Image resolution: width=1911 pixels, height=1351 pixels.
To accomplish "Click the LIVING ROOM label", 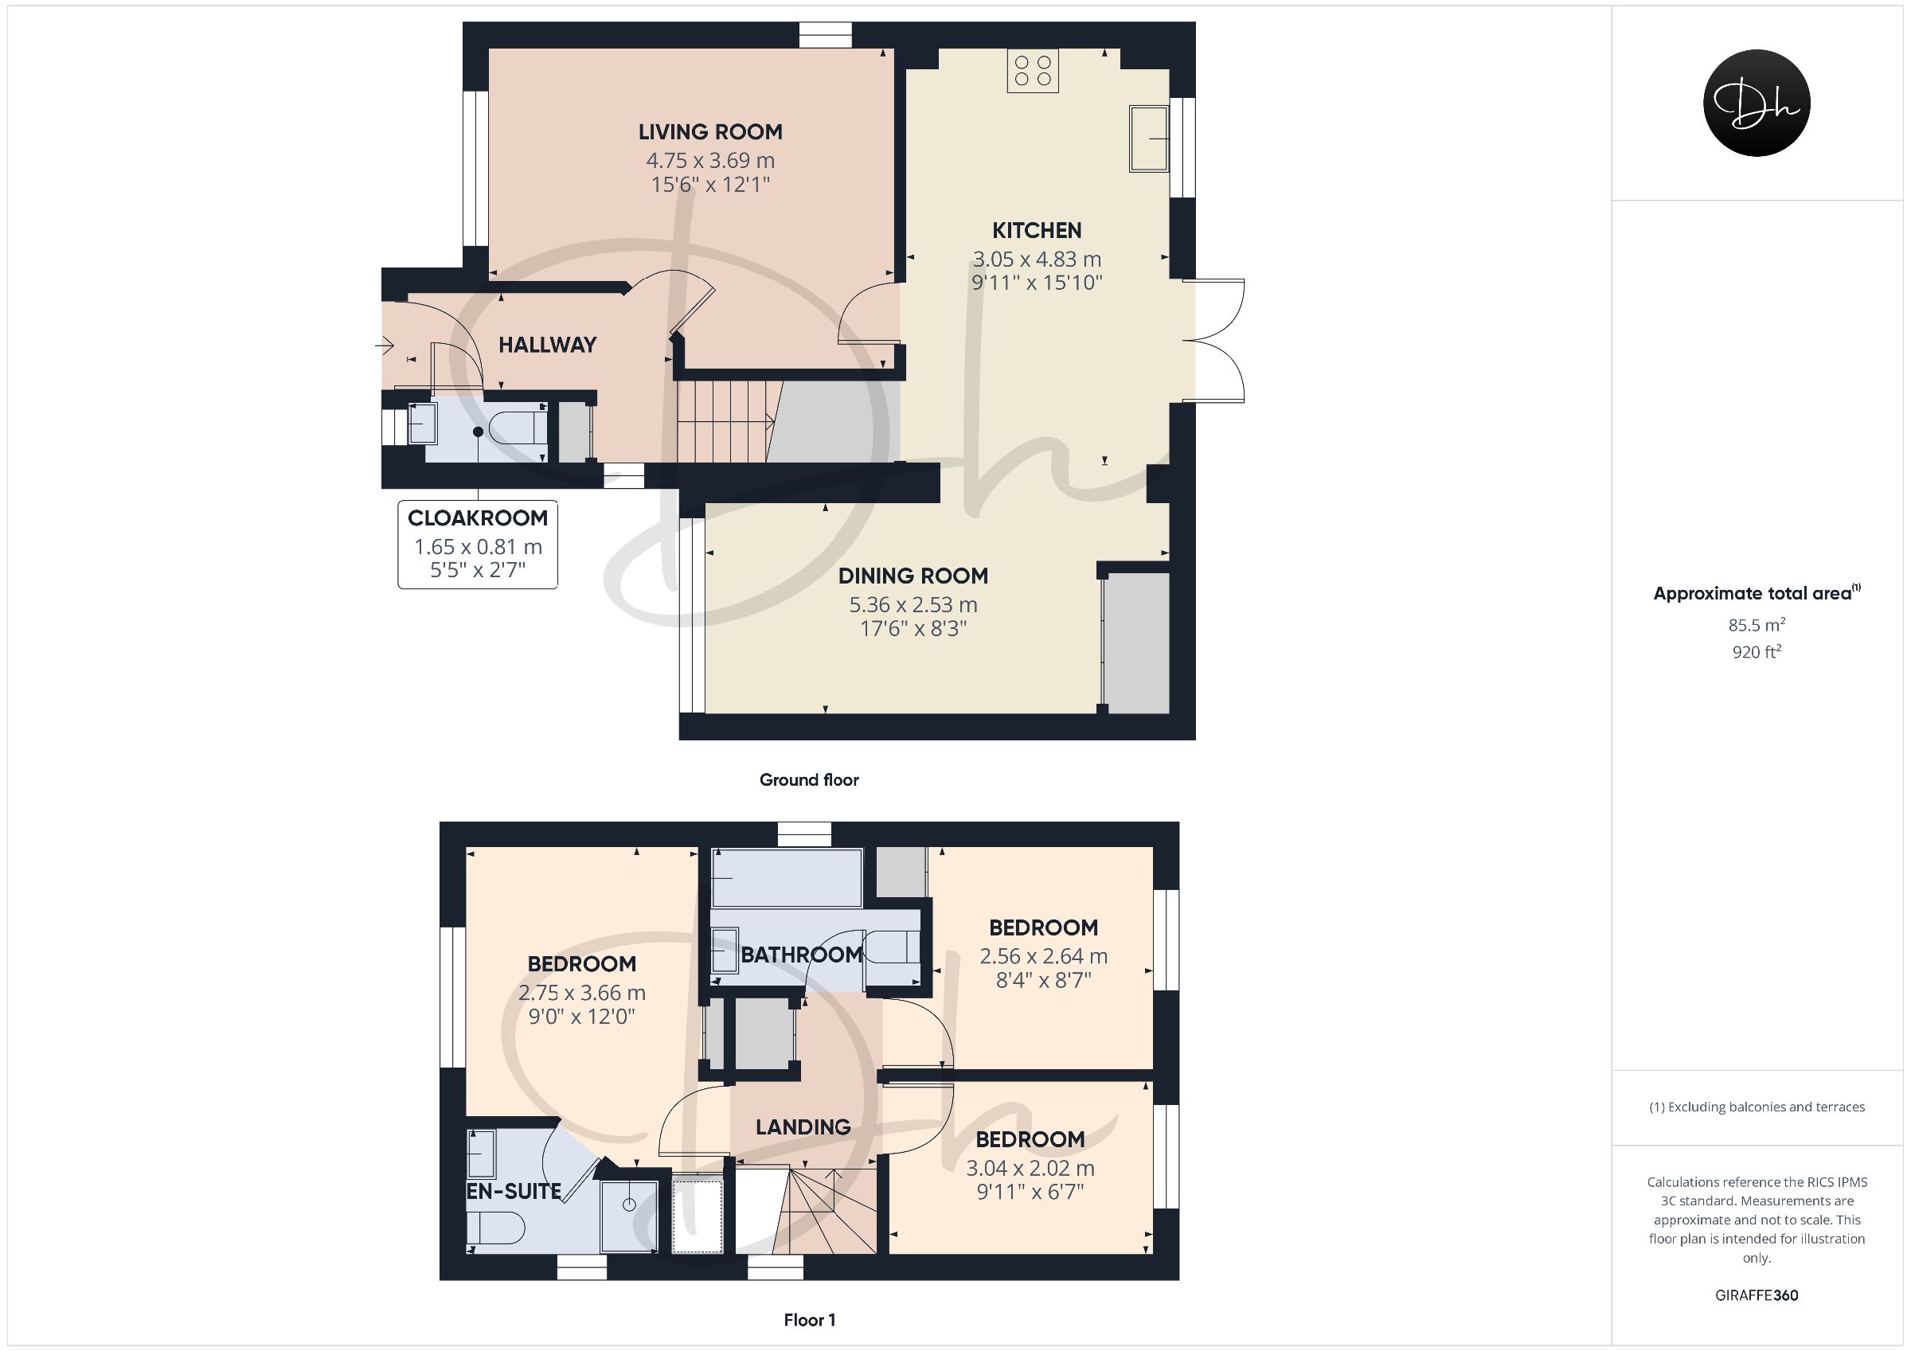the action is [710, 131].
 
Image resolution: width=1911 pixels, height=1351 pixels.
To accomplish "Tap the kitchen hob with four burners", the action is [1033, 70].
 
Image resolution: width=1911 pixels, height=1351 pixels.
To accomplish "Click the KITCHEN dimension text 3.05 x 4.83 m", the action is [1037, 259].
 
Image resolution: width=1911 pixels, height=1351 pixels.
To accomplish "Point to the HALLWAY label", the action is [547, 345].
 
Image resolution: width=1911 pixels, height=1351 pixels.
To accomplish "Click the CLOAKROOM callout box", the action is [478, 545].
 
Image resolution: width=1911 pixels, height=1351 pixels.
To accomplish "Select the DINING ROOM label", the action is [913, 576].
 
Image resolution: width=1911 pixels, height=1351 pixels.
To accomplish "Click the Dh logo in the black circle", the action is [1757, 103].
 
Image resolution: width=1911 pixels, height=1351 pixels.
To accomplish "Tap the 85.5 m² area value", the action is [1757, 624].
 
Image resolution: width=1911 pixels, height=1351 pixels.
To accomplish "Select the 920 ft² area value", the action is [1757, 652].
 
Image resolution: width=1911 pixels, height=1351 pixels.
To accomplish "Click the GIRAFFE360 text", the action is [1757, 1295].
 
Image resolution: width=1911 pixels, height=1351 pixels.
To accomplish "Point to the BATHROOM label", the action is [801, 955].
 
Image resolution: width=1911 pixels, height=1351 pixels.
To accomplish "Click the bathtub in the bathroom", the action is [787, 878].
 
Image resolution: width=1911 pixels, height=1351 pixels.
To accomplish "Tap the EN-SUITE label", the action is [514, 1191].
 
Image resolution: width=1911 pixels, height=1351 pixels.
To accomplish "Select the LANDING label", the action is [803, 1127].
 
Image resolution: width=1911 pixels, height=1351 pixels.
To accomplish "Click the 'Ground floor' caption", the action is [809, 780].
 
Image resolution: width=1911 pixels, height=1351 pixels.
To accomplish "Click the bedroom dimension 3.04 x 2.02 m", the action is [1030, 1168].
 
